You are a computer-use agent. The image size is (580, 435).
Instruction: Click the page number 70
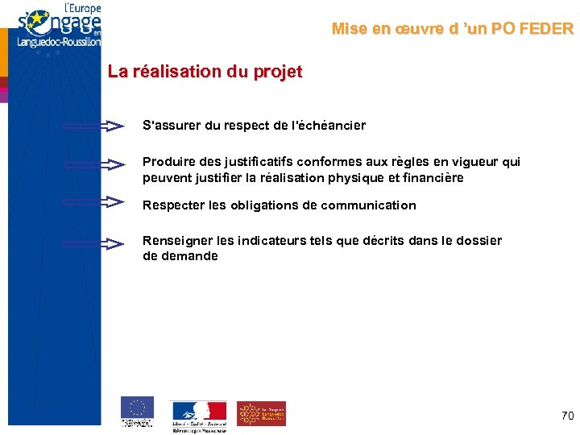(567, 416)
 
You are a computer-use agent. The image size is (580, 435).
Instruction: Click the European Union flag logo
(137, 408)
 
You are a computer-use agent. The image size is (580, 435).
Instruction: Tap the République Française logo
(198, 412)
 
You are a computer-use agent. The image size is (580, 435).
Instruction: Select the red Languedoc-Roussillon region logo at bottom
(260, 413)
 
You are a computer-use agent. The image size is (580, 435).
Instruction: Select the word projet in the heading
(277, 72)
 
